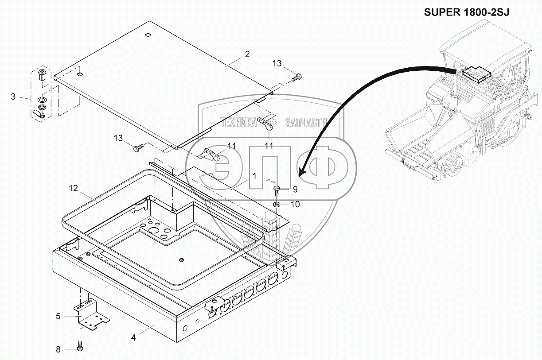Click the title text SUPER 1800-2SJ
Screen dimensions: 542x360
(467, 12)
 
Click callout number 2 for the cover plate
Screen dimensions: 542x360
(247, 54)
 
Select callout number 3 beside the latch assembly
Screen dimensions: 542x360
(13, 97)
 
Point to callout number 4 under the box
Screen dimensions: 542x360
(133, 337)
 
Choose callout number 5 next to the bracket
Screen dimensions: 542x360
(58, 316)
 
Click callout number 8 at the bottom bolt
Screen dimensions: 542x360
(58, 349)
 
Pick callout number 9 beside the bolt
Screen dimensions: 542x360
(295, 190)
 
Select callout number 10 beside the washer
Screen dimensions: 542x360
(295, 205)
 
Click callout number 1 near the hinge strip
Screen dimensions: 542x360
(254, 176)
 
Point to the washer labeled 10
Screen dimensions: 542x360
(276, 205)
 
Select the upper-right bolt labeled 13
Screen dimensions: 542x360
(296, 77)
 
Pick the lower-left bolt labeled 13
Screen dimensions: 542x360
(139, 148)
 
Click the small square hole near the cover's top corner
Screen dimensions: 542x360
(148, 35)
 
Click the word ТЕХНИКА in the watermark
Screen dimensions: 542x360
(238, 123)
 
